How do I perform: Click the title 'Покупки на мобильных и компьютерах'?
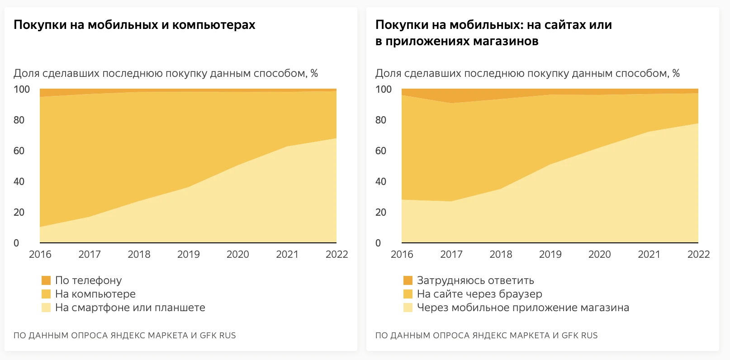(134, 25)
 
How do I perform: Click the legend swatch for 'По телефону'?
(46, 280)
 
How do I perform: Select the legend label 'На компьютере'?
(95, 294)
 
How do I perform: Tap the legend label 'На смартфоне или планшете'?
(130, 308)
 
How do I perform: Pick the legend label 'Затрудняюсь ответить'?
(475, 280)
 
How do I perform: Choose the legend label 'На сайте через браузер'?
(479, 294)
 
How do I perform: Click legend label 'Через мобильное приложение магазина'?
(523, 308)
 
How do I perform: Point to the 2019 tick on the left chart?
(188, 254)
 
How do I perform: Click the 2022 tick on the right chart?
(698, 254)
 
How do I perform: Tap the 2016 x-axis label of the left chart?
(40, 254)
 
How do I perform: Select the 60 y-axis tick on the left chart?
(19, 151)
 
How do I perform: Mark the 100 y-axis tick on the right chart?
(384, 89)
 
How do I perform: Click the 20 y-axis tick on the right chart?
(381, 212)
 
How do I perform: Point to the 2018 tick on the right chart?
(501, 254)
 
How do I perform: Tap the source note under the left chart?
(125, 336)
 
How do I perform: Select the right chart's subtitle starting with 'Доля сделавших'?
(527, 73)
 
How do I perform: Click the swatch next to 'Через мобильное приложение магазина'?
(408, 308)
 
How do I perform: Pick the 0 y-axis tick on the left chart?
(16, 243)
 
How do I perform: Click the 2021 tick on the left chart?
(287, 254)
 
